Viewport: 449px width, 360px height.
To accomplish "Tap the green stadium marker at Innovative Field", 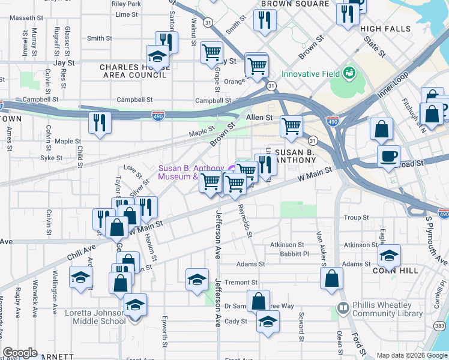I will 349,73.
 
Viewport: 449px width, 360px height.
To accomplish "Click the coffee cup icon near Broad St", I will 388,157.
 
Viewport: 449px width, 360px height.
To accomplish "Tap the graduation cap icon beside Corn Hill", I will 390,257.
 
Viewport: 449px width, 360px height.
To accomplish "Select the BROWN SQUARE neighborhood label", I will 294,4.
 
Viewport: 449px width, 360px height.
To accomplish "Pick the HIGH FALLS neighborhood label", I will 385,29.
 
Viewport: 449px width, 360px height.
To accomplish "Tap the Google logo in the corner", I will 20,353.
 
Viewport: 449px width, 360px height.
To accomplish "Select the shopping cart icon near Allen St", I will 292,126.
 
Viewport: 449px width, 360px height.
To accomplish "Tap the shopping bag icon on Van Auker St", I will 331,278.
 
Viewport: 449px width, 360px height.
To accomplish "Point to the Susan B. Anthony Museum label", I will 192,172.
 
